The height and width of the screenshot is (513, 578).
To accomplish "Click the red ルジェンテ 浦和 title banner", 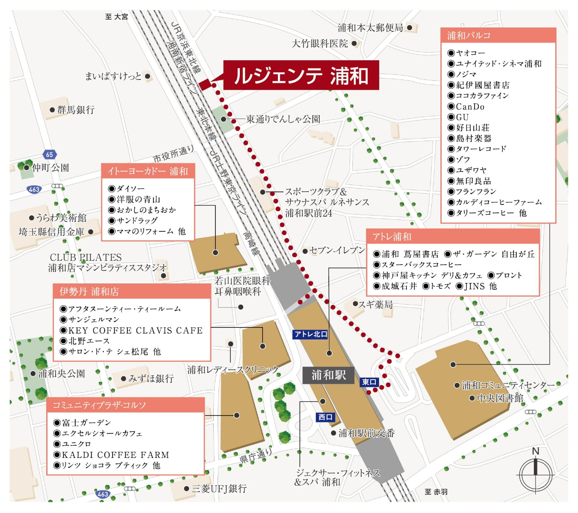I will click(x=301, y=75).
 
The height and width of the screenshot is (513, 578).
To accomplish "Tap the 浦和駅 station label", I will click(x=328, y=375).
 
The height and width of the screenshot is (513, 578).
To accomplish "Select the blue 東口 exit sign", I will click(x=369, y=382).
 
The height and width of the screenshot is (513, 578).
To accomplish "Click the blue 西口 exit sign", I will click(x=325, y=417).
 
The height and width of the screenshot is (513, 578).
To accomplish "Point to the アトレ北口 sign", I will click(x=311, y=334).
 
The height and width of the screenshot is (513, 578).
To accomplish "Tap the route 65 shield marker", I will click(x=50, y=155).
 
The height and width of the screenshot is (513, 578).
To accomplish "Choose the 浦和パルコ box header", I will click(x=498, y=35).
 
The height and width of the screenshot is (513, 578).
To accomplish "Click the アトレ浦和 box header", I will click(x=453, y=237).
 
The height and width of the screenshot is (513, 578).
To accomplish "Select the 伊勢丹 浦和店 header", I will click(x=132, y=292).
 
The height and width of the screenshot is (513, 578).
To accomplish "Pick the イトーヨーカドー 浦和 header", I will click(x=148, y=171).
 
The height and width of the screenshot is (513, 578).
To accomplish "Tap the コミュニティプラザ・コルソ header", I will click(x=125, y=405).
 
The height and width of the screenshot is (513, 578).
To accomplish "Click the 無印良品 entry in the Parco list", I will click(x=473, y=181).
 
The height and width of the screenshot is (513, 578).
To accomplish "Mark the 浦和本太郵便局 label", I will click(x=370, y=28).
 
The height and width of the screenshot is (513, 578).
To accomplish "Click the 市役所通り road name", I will click(x=173, y=154).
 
